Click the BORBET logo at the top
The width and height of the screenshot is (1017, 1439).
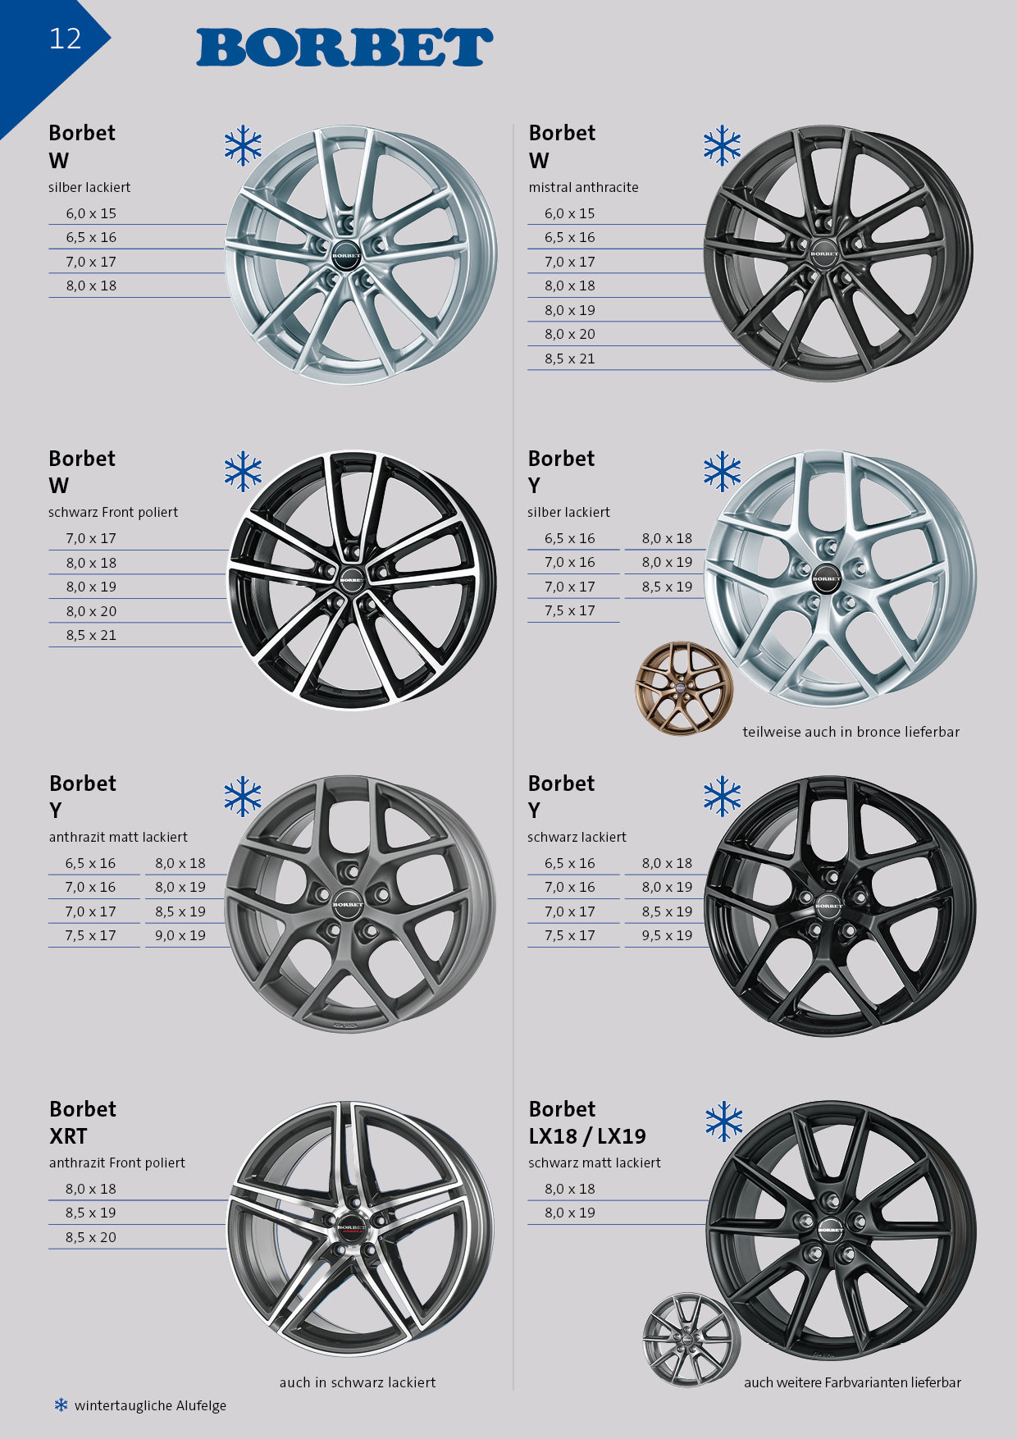(x=344, y=47)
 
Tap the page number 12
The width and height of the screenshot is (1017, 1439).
(x=66, y=39)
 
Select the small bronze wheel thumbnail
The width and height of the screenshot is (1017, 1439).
(x=683, y=688)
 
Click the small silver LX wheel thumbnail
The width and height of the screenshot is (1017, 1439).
(x=691, y=1340)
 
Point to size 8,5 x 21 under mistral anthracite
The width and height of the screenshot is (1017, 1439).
(x=570, y=359)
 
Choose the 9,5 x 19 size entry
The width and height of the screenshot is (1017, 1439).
(x=667, y=935)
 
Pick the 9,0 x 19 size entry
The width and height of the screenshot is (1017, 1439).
(x=180, y=935)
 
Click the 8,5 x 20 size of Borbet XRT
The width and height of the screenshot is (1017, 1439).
(x=91, y=1237)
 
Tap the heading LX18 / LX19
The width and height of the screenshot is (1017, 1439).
(x=587, y=1136)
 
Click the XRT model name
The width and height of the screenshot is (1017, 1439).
(x=68, y=1136)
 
